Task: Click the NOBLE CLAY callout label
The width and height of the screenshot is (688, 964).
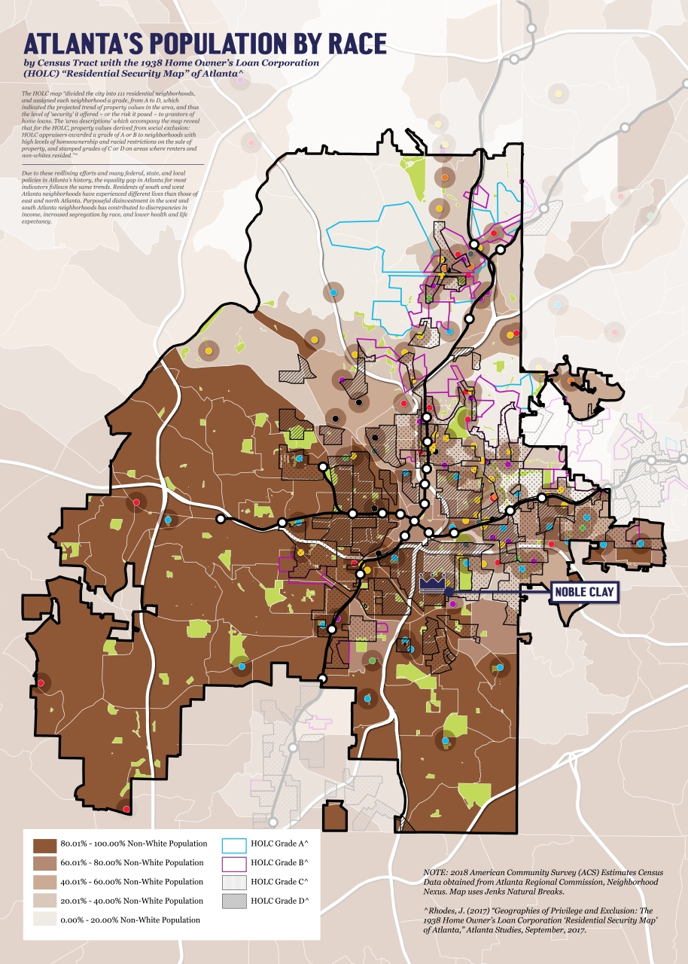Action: tap(584, 592)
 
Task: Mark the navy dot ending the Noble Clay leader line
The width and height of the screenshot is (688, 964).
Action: tap(449, 593)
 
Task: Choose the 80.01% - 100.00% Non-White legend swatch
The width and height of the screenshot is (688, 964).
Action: tap(45, 843)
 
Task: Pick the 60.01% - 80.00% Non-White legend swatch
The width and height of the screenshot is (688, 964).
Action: tap(45, 862)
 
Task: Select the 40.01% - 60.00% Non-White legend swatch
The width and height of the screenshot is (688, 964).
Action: tap(45, 881)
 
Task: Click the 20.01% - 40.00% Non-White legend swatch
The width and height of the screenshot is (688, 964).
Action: tap(45, 901)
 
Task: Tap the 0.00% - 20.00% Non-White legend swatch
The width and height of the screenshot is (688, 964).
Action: tap(45, 920)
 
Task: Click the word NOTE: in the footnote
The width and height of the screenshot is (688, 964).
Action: tap(437, 871)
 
